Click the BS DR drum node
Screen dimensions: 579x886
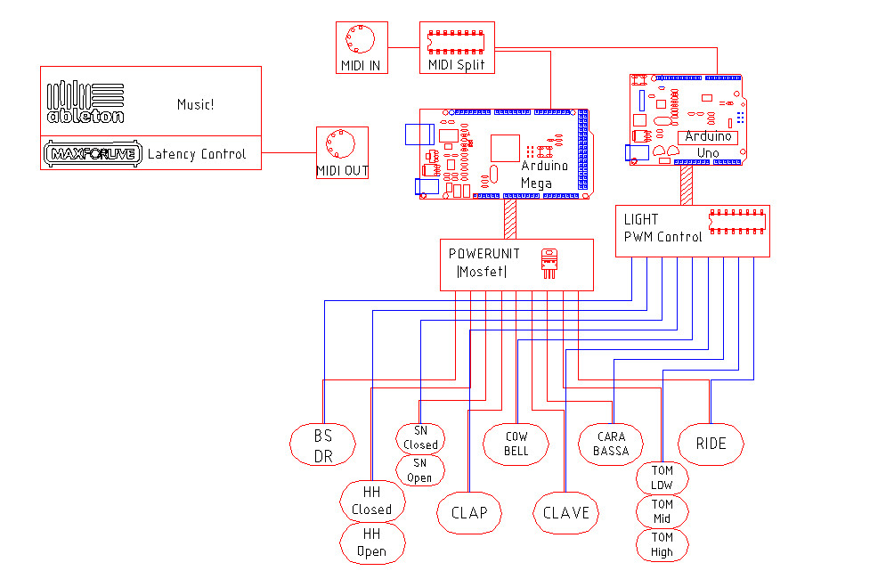(323, 445)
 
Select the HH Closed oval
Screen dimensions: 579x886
(372, 502)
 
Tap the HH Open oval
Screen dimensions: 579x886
(372, 542)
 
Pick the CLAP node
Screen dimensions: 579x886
(469, 513)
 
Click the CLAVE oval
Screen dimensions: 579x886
(566, 513)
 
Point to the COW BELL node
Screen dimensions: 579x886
(516, 443)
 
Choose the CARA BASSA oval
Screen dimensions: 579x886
(611, 443)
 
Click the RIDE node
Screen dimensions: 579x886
(711, 444)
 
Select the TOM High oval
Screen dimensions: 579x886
(662, 544)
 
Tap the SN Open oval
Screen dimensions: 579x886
(419, 470)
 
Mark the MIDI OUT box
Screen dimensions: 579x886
(342, 152)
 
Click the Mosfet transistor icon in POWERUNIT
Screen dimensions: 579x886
(550, 263)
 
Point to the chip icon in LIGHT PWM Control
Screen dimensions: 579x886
(736, 223)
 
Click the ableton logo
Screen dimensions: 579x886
(85, 102)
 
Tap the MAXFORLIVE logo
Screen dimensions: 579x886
(93, 154)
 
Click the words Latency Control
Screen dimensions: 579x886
(196, 154)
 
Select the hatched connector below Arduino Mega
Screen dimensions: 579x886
(510, 218)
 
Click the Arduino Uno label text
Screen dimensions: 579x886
(708, 144)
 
